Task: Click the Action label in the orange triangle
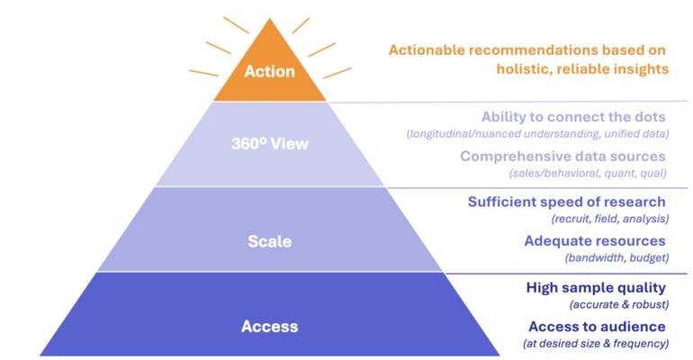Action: pos(270,73)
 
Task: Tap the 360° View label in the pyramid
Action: pos(269,144)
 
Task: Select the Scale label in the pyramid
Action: pos(270,241)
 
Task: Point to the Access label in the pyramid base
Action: pos(269,326)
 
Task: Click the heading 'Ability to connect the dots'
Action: pos(573,117)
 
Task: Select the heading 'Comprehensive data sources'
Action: pos(562,156)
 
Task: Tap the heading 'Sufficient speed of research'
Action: pos(566,202)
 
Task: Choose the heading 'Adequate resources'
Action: pos(594,240)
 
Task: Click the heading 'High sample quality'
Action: pos(596,288)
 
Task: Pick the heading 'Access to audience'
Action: pos(597,326)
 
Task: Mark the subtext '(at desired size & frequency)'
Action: pos(595,343)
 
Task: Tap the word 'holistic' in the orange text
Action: pos(524,67)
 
